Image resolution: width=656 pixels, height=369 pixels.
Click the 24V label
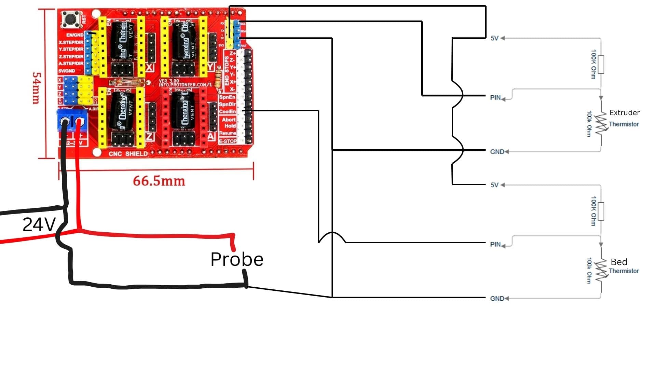pyautogui.click(x=39, y=225)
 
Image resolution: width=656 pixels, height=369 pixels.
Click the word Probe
pyautogui.click(x=237, y=259)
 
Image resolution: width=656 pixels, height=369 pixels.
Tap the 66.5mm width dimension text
pyautogui.click(x=159, y=181)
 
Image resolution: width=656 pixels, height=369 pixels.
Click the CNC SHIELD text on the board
pyautogui.click(x=128, y=154)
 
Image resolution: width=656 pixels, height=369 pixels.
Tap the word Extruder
pyautogui.click(x=624, y=113)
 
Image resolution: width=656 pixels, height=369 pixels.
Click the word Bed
pyautogui.click(x=619, y=262)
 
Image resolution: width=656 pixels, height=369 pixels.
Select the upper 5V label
pyautogui.click(x=494, y=38)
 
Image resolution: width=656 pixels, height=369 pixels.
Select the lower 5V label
pyautogui.click(x=494, y=185)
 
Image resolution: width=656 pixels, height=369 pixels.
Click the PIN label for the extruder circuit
pyautogui.click(x=495, y=98)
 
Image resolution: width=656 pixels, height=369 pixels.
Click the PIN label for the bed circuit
pyautogui.click(x=495, y=245)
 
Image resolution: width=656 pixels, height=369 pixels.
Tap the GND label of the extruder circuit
pyautogui.click(x=497, y=152)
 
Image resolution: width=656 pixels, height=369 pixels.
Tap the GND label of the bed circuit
pyautogui.click(x=497, y=299)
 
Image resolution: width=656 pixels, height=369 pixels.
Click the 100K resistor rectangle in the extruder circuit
pyautogui.click(x=601, y=64)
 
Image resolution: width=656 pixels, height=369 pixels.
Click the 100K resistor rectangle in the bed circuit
pyautogui.click(x=601, y=211)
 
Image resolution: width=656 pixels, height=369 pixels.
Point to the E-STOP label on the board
pyautogui.click(x=228, y=141)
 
